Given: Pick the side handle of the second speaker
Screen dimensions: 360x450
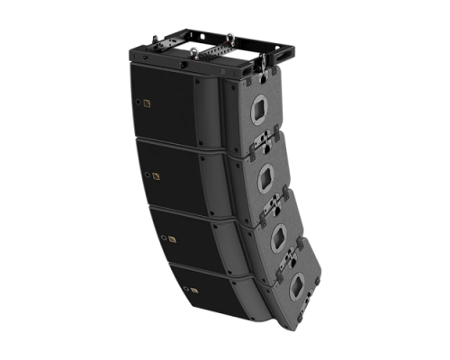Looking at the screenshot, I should click(x=266, y=178).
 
